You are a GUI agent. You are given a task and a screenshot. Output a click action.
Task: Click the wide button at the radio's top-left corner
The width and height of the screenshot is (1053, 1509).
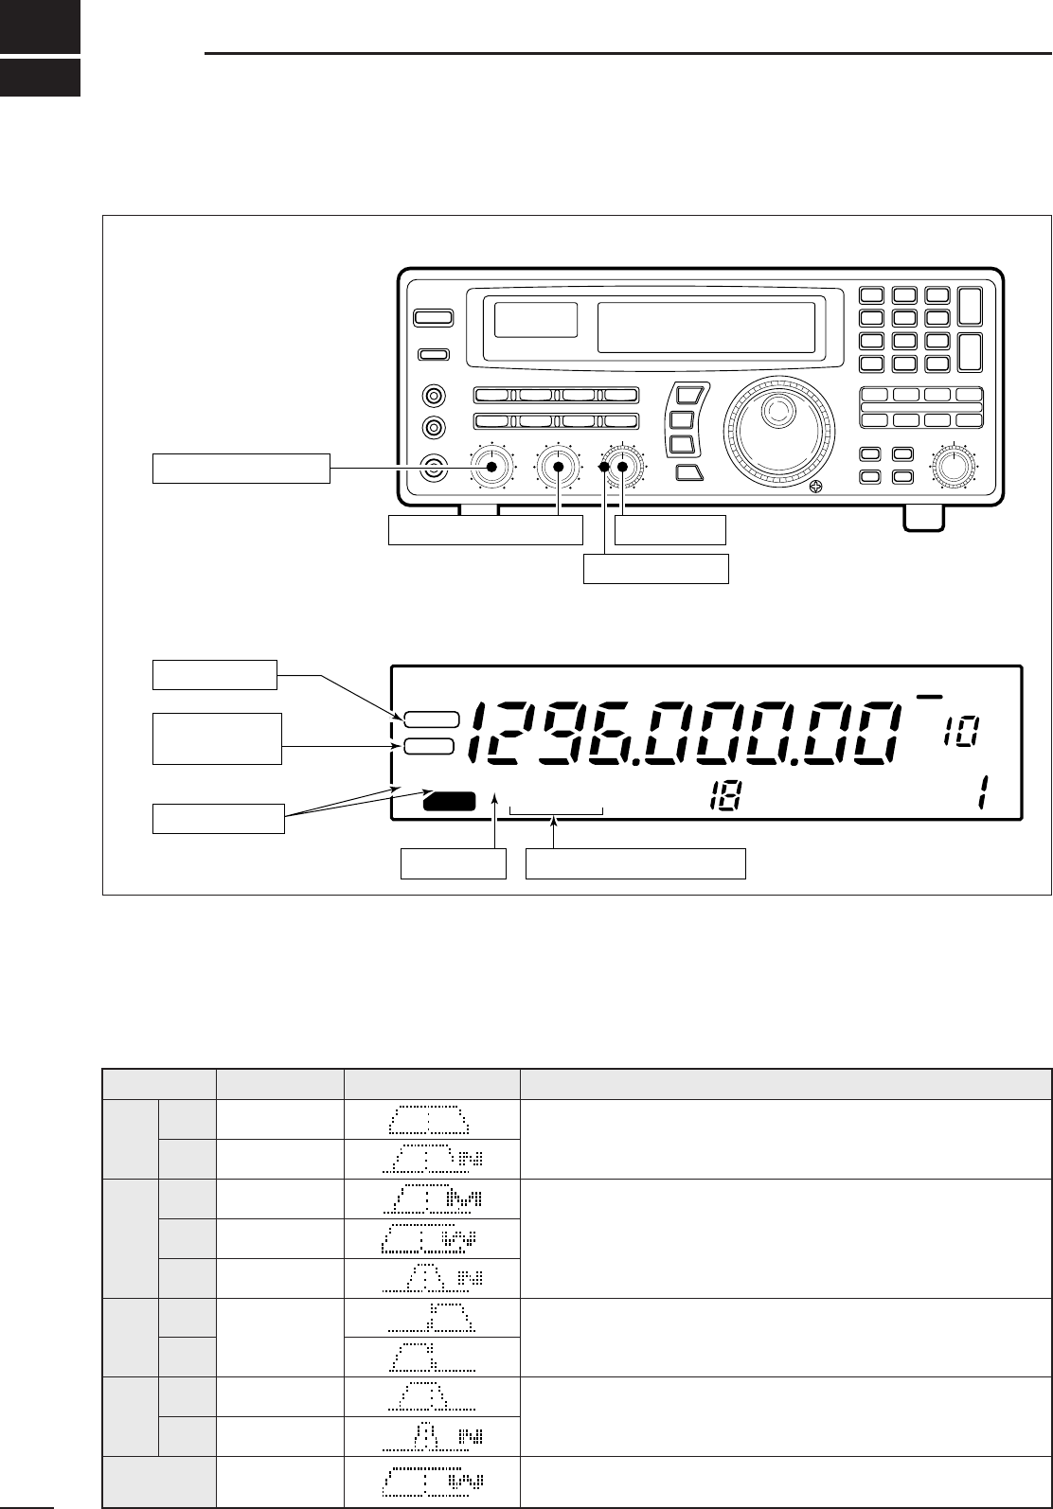point(433,319)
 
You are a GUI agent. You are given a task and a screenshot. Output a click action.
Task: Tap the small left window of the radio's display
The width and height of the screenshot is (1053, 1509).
point(536,320)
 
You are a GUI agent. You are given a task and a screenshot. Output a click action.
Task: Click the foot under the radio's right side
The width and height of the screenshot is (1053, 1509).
point(922,516)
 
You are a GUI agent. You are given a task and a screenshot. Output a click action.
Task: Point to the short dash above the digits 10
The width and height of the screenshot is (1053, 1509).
point(930,698)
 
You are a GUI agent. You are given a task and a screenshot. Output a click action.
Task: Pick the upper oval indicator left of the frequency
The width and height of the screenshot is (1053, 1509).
point(432,719)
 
